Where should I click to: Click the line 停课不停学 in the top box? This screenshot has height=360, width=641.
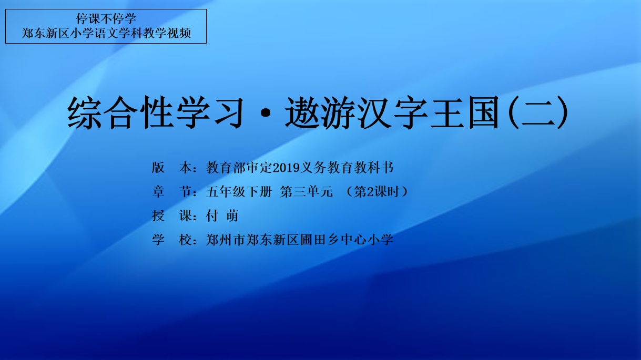(106, 18)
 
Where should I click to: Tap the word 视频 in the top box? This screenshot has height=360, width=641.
(179, 33)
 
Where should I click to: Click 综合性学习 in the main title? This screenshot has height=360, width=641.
(155, 112)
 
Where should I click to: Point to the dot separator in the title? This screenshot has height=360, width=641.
(266, 113)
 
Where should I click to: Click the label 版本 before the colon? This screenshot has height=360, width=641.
(172, 168)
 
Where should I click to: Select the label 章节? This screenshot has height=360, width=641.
(172, 192)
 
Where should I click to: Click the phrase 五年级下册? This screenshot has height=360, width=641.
(239, 192)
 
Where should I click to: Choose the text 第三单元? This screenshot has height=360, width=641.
(307, 192)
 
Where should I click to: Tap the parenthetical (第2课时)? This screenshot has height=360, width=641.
(377, 192)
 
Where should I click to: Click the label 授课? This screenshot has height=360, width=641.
(172, 215)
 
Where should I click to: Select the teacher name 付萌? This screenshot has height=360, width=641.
(222, 215)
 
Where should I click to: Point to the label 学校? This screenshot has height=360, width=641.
(172, 240)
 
